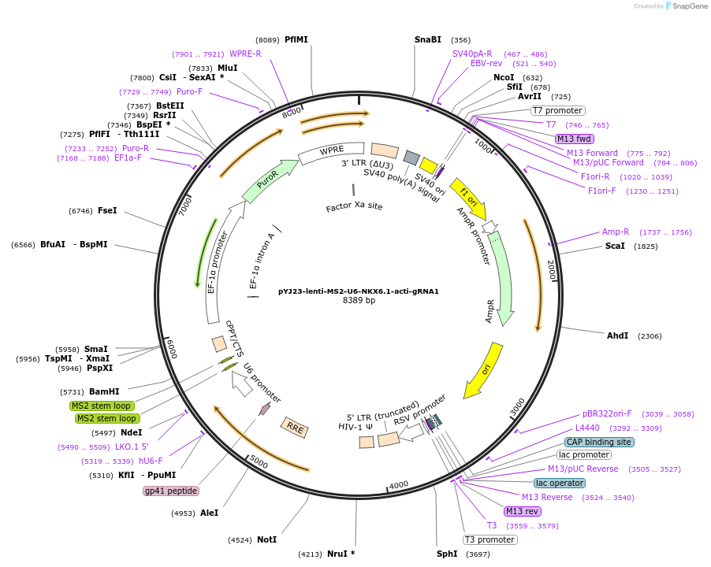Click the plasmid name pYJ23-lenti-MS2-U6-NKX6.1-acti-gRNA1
(x=358, y=291)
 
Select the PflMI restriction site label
(x=296, y=39)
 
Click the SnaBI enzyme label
(x=428, y=39)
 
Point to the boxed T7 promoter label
(x=557, y=111)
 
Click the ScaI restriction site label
(x=615, y=246)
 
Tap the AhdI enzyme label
(x=617, y=335)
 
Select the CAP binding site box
(x=599, y=443)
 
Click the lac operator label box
(x=559, y=483)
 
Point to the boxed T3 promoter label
(x=490, y=539)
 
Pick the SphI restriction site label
(x=447, y=554)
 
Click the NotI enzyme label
(x=266, y=539)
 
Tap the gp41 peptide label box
(x=170, y=491)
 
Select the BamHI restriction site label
(x=104, y=391)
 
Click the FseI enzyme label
(x=107, y=210)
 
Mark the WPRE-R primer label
(x=245, y=54)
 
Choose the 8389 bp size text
(x=359, y=300)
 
